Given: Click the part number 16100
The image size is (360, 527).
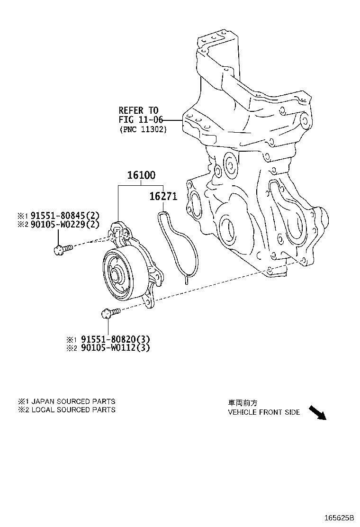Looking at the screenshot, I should [x=141, y=175].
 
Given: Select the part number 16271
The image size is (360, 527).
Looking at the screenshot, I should [x=163, y=196].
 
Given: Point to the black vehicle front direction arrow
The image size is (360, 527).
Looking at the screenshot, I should [x=317, y=412].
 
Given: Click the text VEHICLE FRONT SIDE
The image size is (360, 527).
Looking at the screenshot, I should [x=263, y=412].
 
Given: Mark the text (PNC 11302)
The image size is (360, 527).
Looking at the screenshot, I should [x=143, y=129].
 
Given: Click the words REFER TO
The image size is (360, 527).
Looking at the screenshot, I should [x=138, y=111].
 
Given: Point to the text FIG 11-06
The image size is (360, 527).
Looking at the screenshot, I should [x=141, y=120].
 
